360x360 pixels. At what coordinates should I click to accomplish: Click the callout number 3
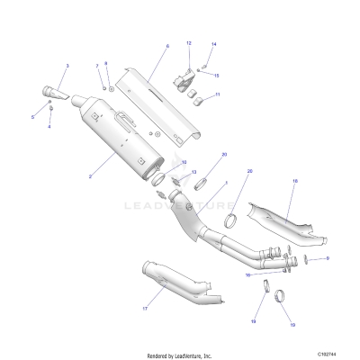[67, 67]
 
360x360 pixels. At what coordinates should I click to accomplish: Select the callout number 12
[189, 43]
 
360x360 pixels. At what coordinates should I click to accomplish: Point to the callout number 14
[213, 44]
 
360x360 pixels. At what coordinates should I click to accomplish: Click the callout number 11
[217, 94]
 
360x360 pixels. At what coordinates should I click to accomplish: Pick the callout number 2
[91, 177]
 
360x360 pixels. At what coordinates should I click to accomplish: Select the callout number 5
[33, 118]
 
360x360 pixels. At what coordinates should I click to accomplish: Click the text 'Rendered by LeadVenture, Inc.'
[179, 355]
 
